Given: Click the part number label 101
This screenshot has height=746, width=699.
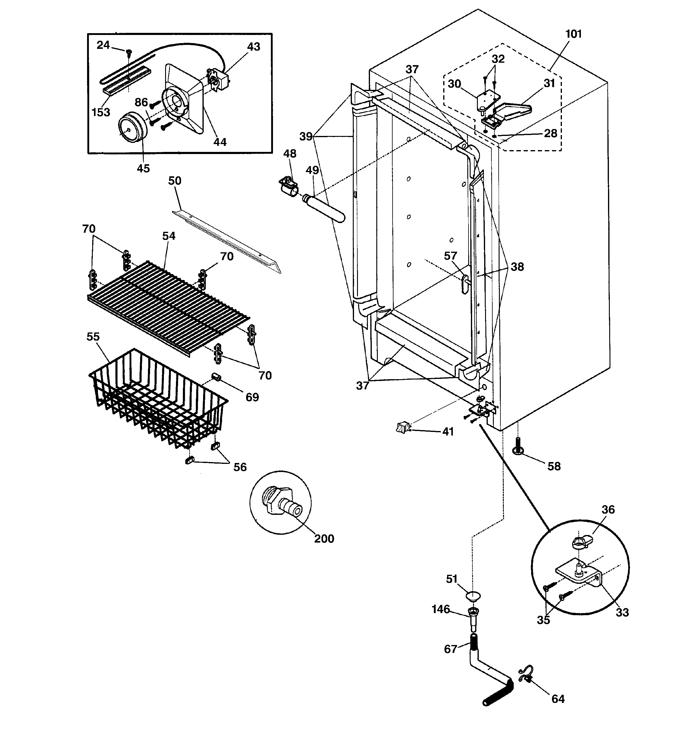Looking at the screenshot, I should [573, 34].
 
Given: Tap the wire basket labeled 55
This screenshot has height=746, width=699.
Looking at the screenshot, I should [158, 401].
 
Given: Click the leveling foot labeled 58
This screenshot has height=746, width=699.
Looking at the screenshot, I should [518, 450].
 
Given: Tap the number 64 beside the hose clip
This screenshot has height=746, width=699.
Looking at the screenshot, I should [558, 699].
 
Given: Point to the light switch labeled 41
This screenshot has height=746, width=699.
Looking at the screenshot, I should [403, 427].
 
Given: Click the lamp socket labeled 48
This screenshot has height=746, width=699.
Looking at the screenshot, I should [289, 186].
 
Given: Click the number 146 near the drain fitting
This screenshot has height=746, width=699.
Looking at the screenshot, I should [440, 609].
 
